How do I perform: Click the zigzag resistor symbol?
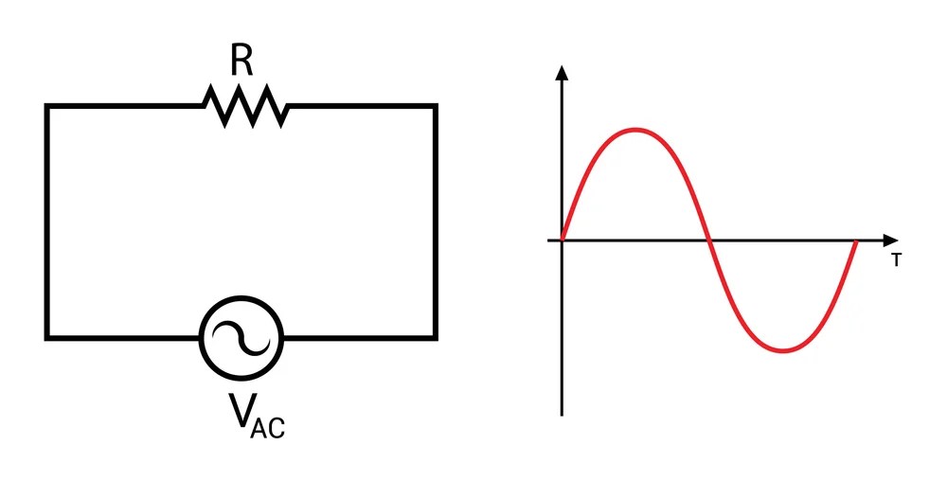(244, 106)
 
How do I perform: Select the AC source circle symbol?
(241, 337)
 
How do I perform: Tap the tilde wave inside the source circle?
(241, 337)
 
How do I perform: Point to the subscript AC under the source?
(269, 427)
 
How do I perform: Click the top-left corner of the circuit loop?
(47, 107)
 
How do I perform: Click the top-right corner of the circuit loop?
(436, 107)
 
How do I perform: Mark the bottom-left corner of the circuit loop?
(47, 337)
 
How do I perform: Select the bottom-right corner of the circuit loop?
(436, 337)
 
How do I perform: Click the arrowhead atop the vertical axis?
(563, 72)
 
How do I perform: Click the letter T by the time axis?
(895, 259)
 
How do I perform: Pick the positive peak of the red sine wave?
(636, 130)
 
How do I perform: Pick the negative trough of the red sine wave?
(783, 351)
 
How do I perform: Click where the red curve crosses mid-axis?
(709, 240)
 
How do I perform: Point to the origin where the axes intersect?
(563, 240)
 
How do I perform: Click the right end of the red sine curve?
(856, 241)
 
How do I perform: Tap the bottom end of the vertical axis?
(563, 413)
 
